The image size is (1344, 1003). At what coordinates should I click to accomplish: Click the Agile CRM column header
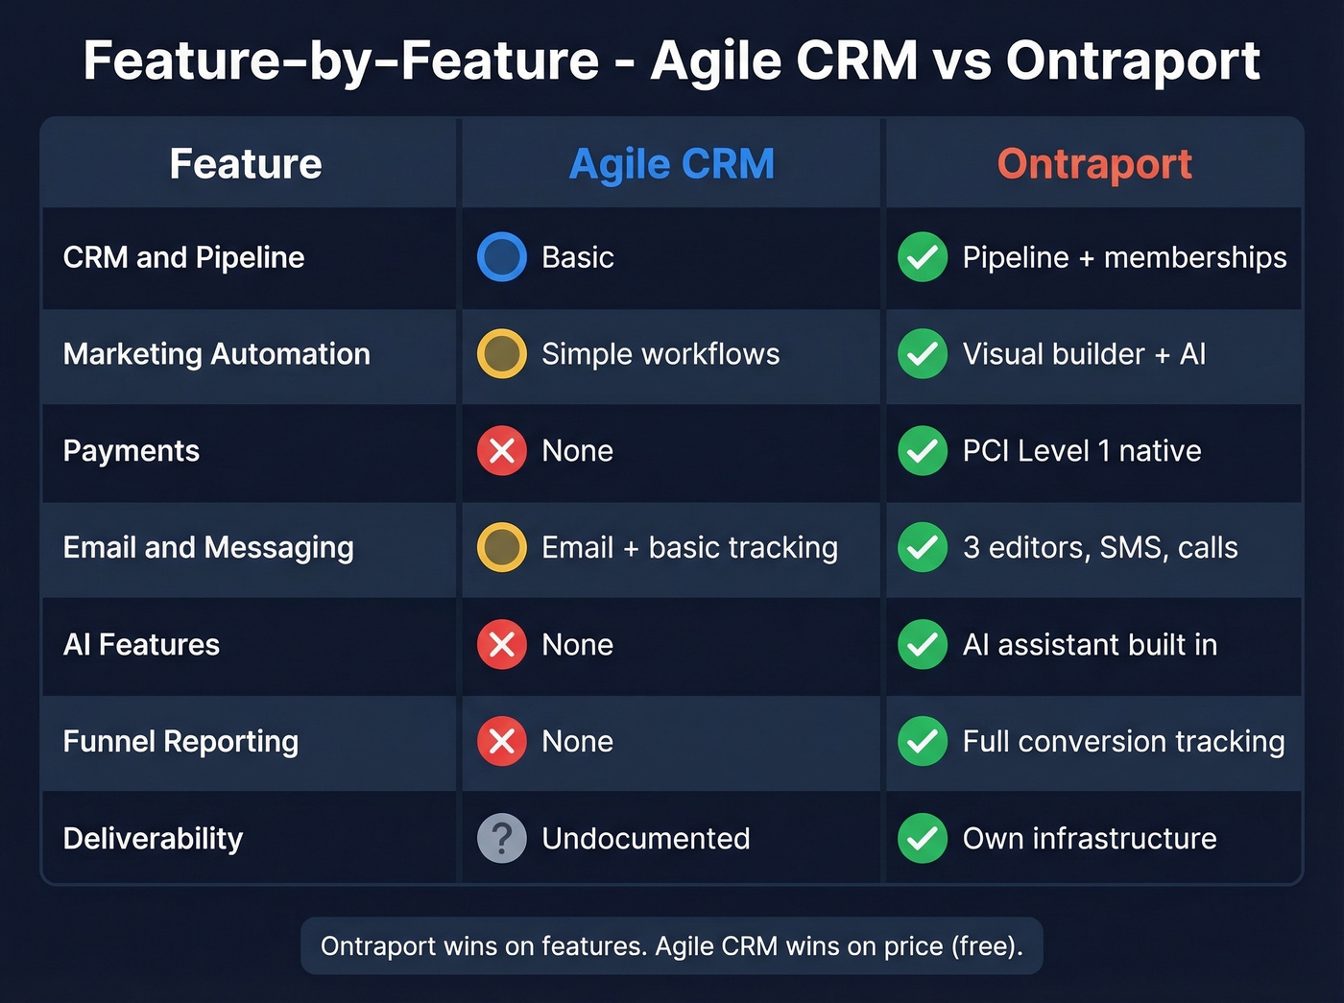(671, 164)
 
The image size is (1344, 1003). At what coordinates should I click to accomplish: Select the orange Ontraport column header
(1094, 164)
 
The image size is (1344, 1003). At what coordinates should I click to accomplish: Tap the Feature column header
(246, 164)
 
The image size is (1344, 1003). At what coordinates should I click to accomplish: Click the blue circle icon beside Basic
(502, 257)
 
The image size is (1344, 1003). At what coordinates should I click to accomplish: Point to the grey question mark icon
(502, 838)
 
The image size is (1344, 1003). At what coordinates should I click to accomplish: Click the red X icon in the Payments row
(502, 450)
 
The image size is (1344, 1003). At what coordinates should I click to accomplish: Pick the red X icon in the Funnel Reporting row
(502, 741)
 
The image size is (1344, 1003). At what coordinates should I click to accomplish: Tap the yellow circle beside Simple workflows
(502, 354)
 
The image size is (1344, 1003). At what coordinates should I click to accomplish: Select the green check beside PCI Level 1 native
(923, 450)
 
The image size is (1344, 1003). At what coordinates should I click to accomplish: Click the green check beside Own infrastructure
(923, 838)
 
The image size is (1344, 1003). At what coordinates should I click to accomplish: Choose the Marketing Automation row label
(217, 354)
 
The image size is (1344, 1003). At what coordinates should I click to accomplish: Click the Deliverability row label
(154, 838)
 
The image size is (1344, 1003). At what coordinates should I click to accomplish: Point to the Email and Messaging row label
(208, 547)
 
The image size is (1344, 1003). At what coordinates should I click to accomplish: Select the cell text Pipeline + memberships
(1124, 257)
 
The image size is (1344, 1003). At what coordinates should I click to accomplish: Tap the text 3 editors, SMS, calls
(1100, 547)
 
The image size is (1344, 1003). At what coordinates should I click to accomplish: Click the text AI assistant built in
(1090, 644)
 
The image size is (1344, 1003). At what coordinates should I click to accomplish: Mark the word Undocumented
(646, 838)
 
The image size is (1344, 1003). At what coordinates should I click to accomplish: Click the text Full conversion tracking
(1123, 741)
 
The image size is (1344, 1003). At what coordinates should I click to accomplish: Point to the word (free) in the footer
(987, 946)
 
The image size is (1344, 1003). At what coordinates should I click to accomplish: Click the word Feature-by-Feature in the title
(342, 60)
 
